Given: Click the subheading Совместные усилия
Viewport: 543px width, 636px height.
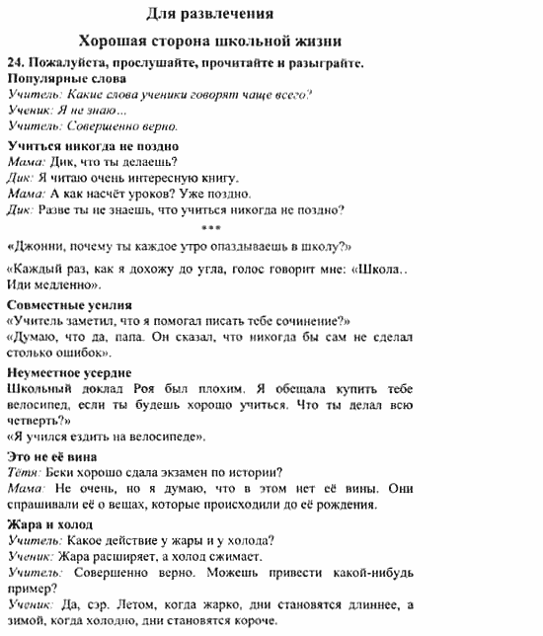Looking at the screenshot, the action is click(69, 304).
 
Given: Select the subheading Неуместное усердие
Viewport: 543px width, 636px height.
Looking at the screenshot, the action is click(69, 373).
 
